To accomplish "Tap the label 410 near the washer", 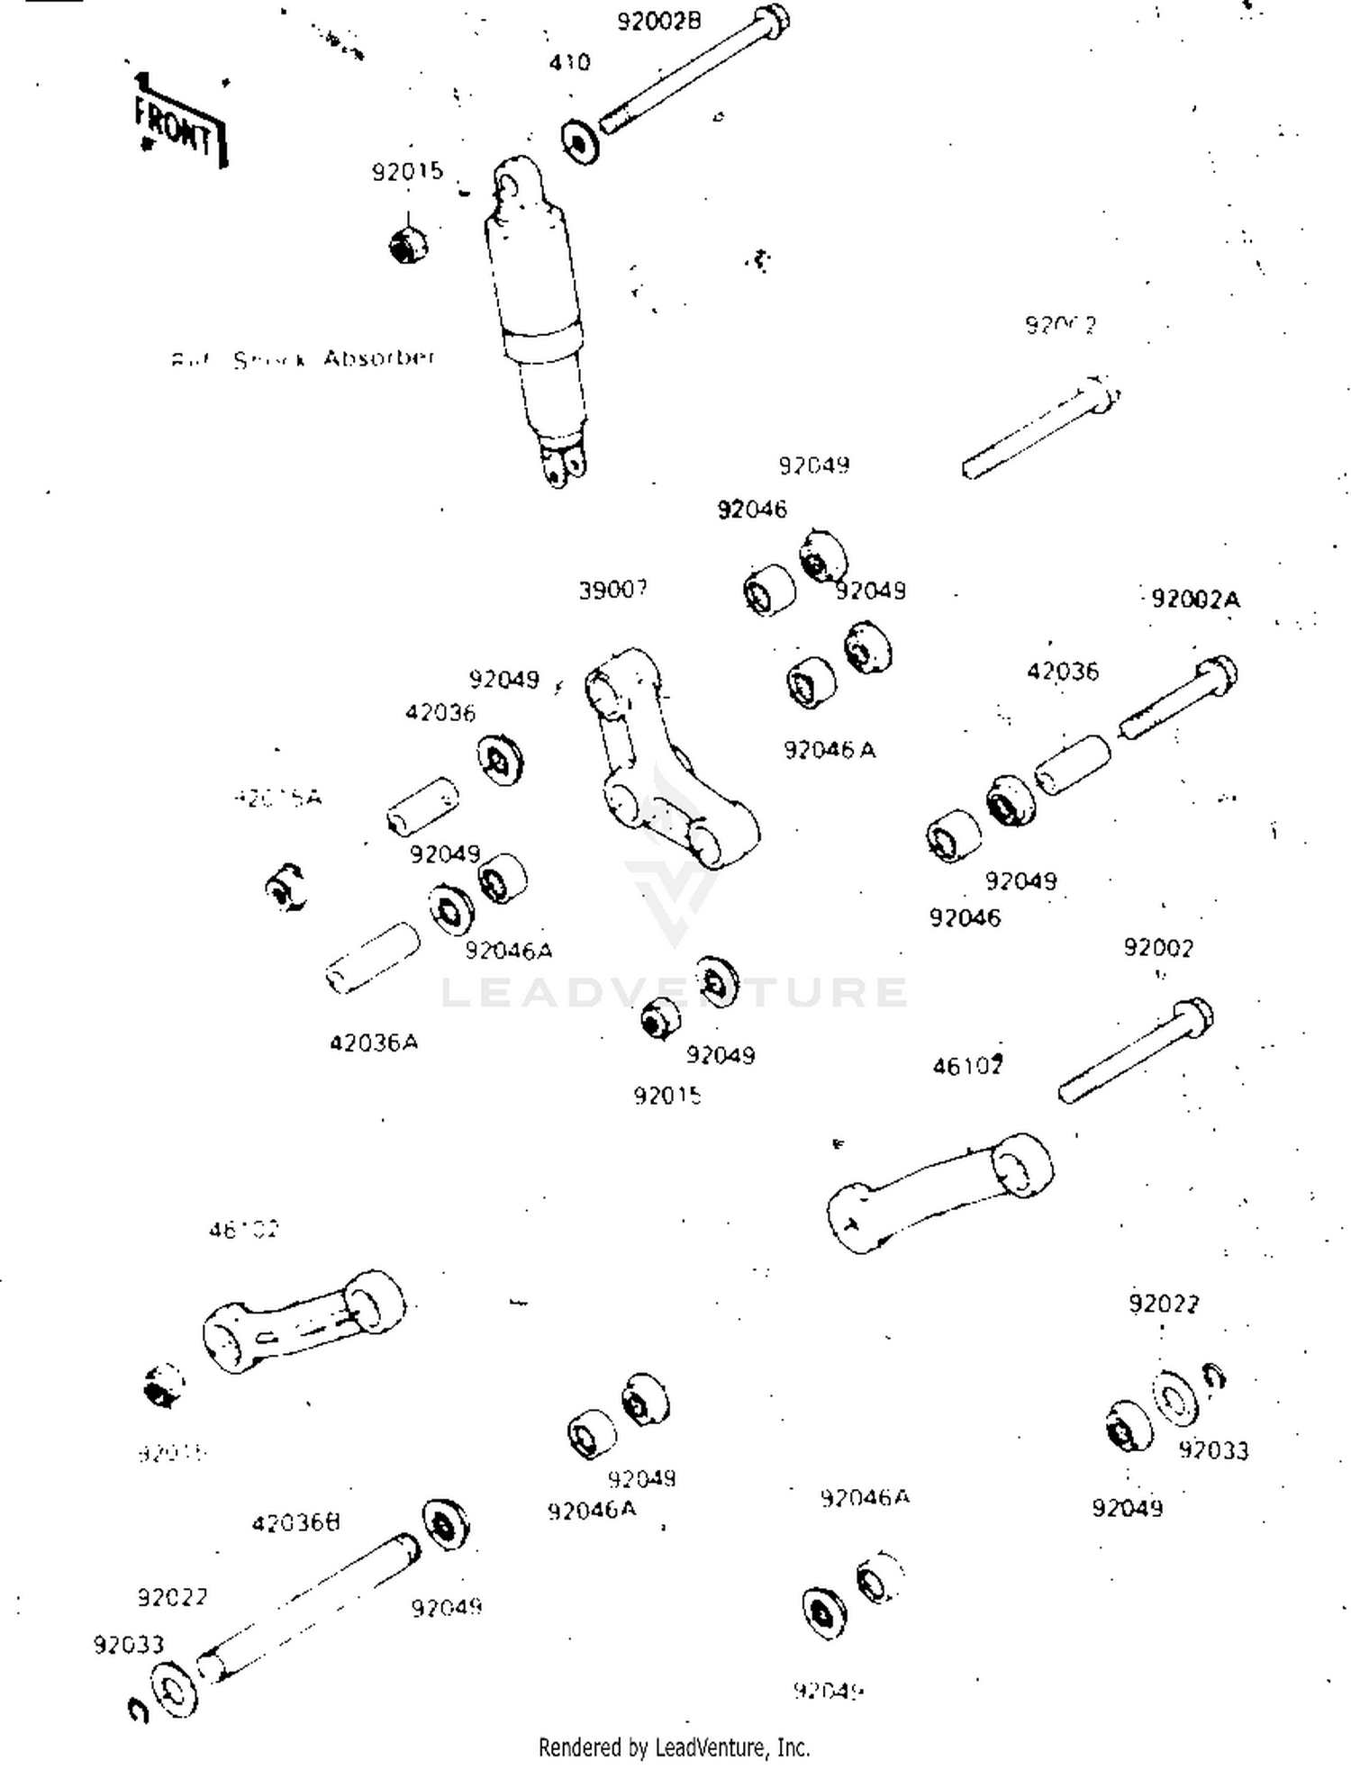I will coord(570,63).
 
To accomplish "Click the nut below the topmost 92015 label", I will coord(407,245).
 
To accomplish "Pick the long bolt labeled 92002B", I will coord(694,70).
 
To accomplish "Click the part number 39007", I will coord(612,591).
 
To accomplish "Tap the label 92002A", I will coord(1195,600).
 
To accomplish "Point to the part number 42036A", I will coord(374,1042).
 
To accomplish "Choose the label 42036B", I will coord(296,1523).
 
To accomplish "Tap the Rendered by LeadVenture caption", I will coord(674,1747).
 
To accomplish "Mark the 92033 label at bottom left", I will coord(129,1645).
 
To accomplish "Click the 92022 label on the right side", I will coord(1163,1304).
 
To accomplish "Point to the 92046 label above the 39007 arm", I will coord(751,510).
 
